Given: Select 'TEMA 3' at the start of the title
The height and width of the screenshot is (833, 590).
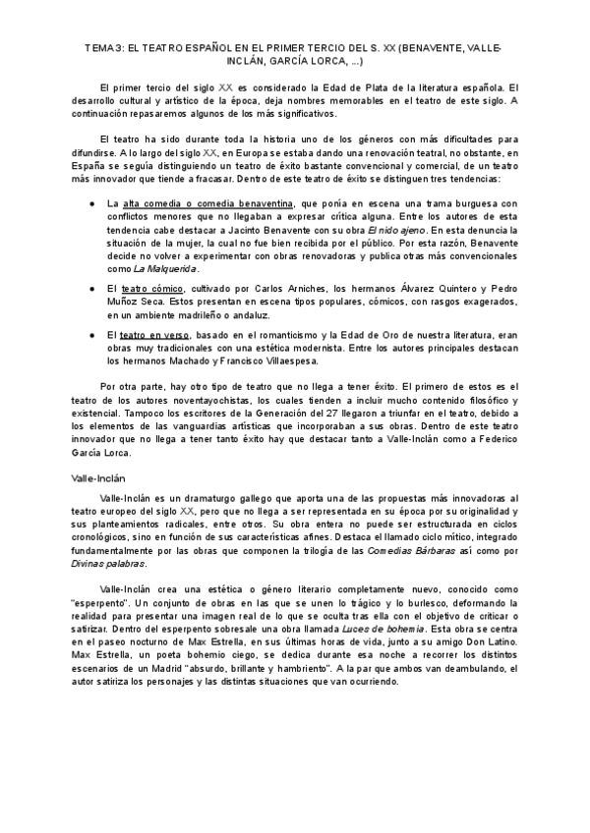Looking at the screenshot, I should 103,47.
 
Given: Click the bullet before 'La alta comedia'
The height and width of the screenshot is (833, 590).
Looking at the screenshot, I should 92,201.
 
